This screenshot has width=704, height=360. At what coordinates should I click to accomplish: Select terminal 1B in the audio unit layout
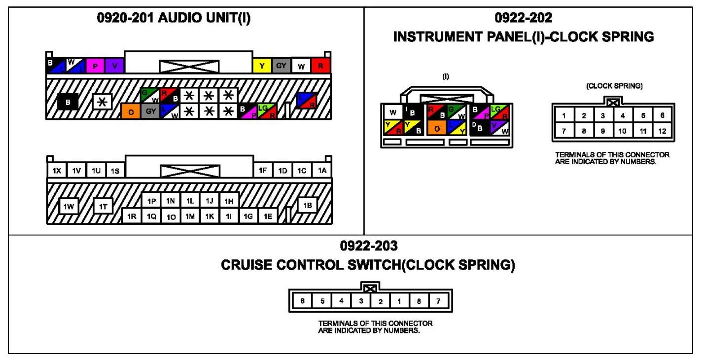308,206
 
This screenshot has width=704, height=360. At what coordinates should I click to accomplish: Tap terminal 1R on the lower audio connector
131,216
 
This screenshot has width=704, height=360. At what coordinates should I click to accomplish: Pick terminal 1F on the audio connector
263,171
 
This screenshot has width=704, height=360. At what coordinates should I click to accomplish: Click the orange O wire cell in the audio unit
131,111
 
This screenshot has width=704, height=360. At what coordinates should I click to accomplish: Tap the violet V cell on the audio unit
114,66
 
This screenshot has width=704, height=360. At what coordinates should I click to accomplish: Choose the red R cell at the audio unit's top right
321,66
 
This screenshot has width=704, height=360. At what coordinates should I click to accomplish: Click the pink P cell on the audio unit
94,66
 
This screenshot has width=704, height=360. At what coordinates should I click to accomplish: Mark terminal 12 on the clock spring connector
662,132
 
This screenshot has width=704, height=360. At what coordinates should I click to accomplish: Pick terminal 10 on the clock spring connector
623,132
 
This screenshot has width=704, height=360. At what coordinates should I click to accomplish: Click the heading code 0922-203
368,245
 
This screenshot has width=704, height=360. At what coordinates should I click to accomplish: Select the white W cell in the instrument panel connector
393,112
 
